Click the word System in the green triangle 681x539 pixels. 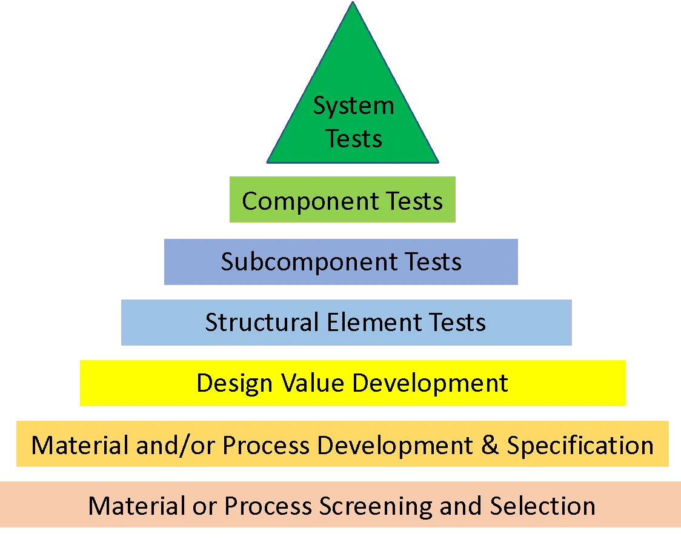353,107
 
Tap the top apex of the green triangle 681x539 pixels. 353,5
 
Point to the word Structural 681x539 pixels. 262,322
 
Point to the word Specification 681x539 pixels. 580,446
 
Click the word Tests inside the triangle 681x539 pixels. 354,138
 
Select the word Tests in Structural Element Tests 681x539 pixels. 457,322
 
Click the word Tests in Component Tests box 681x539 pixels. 415,201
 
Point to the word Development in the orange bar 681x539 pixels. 394,446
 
